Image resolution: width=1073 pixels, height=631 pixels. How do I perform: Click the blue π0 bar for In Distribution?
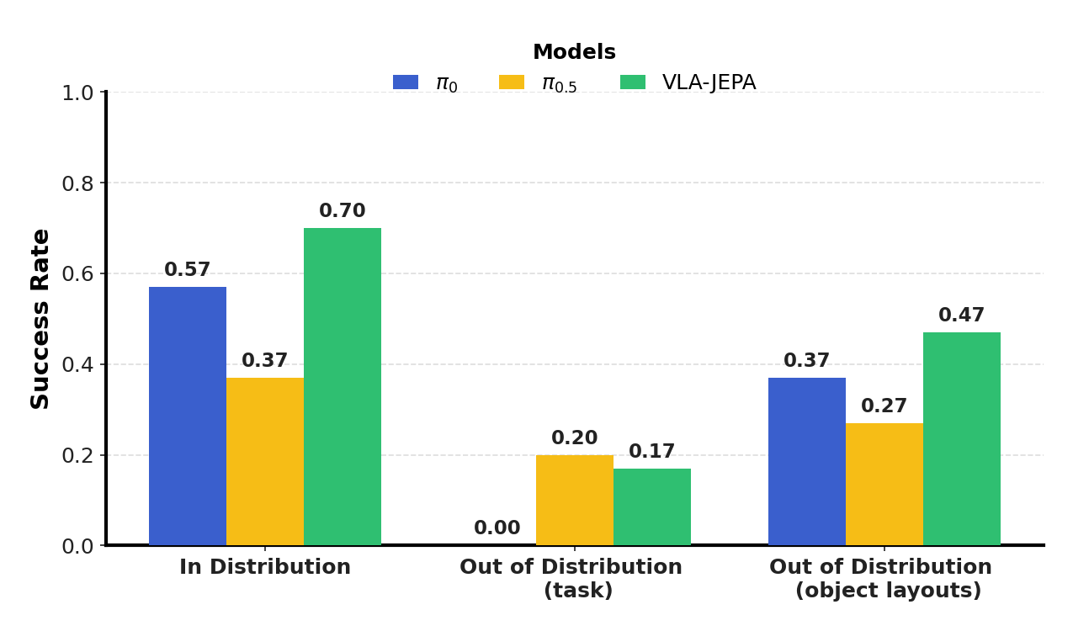pos(188,416)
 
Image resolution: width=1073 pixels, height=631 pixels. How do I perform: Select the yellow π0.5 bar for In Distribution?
pos(265,461)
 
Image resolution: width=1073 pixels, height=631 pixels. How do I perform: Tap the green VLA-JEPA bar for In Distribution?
pos(343,386)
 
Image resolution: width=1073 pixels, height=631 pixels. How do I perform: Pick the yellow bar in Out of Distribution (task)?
pos(575,500)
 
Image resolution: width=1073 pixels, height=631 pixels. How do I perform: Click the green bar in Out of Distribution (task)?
pos(652,506)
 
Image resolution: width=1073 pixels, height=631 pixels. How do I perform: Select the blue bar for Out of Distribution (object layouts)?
pos(807,461)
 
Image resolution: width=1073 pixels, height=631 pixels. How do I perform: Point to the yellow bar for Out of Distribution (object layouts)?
pos(884,484)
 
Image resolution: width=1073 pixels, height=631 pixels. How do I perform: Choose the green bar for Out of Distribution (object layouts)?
pos(962,438)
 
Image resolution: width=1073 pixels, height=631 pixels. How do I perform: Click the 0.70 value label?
pos(343,211)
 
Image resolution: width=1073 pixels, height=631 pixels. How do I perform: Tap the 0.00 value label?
pos(497,528)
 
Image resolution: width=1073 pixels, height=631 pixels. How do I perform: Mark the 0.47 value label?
pos(962,315)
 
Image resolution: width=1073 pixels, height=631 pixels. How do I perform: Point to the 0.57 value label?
pos(188,270)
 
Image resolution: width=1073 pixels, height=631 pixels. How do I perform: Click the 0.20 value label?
pos(575,438)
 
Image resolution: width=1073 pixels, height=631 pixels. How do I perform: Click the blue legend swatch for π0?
pos(406,82)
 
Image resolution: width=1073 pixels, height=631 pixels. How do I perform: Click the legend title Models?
pos(575,52)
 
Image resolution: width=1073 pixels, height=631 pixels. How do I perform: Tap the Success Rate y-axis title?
pos(40,319)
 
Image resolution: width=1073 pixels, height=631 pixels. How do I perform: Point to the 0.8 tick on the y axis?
pos(77,183)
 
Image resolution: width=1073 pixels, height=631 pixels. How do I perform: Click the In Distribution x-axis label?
pos(265,568)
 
